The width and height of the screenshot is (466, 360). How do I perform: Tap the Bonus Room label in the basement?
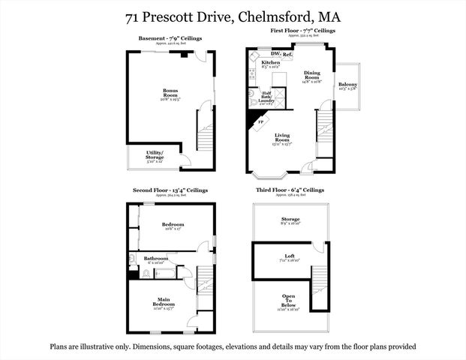pyautogui.click(x=170, y=93)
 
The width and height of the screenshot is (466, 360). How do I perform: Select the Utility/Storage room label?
pyautogui.click(x=153, y=155)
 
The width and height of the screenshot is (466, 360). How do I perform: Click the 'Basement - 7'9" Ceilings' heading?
pyautogui.click(x=170, y=38)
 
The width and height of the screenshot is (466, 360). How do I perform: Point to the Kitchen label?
pyautogui.click(x=260, y=62)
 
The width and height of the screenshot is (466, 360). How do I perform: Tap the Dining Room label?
pyautogui.click(x=312, y=73)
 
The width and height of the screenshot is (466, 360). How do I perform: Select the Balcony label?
pyautogui.click(x=347, y=85)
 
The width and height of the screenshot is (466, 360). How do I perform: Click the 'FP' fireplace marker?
pyautogui.click(x=261, y=120)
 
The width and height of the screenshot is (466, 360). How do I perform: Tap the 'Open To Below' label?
pyautogui.click(x=289, y=300)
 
